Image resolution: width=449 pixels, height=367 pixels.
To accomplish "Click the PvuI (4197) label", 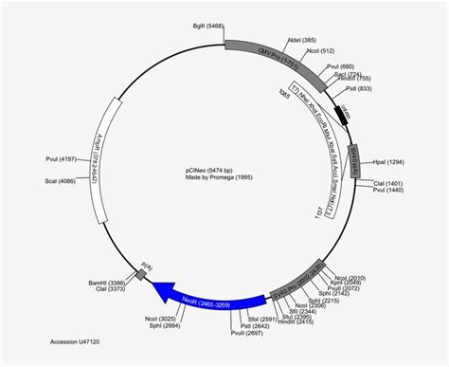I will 62,159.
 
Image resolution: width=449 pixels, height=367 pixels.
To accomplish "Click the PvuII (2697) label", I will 244,334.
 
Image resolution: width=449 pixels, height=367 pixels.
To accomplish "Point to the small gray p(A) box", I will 141,275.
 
